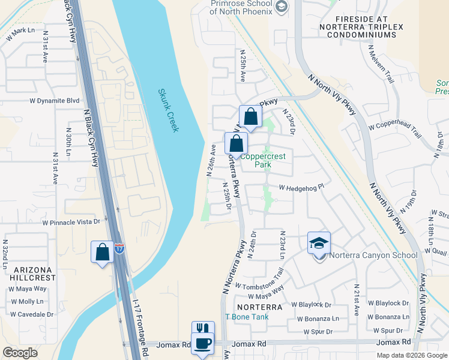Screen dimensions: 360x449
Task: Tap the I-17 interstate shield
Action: click(119, 248)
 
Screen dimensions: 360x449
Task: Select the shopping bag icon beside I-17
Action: click(103, 251)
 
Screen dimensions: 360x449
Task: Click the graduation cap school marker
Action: click(319, 243)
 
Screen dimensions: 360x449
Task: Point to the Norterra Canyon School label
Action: click(373, 256)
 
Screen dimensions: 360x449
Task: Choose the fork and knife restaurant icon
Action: click(203, 329)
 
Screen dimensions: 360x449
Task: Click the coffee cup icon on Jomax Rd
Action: click(203, 344)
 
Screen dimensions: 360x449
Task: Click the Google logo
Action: click(20, 353)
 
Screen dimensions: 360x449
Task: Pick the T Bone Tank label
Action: click(244, 317)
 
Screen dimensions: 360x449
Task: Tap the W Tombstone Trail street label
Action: click(259, 281)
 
